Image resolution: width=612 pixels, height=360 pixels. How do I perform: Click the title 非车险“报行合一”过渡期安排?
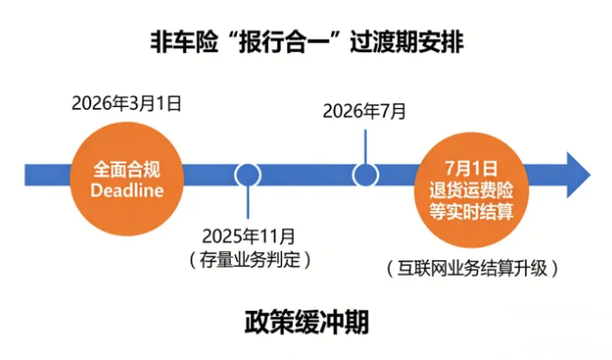tap(307, 41)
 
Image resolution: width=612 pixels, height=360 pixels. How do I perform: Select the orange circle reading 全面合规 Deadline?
tap(128, 173)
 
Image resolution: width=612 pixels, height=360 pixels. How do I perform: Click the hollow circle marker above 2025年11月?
tap(248, 174)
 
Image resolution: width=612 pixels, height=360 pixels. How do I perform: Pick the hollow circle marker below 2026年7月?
tap(366, 174)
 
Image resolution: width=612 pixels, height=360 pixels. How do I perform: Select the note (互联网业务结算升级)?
tap(472, 269)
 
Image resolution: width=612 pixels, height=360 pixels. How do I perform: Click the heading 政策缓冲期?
tap(307, 322)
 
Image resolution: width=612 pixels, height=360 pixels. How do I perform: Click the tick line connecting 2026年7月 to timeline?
tap(366, 143)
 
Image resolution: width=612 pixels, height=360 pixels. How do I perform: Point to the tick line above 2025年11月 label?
tap(248, 204)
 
